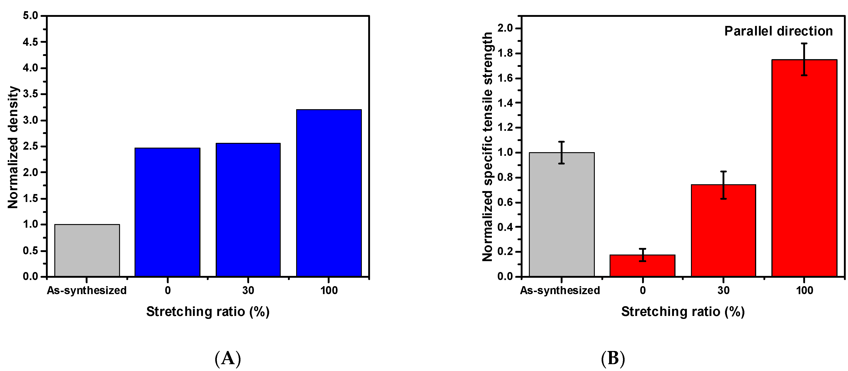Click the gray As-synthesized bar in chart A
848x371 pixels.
pos(87,250)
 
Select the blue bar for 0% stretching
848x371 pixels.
pos(167,212)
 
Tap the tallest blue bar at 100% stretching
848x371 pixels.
pos(328,193)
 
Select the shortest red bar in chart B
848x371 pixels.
pos(642,265)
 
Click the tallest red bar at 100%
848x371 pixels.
pos(804,168)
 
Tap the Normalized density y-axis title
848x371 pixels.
pos(13,147)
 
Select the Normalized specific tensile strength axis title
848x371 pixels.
pos(488,147)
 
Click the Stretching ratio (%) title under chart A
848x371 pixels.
pos(208,311)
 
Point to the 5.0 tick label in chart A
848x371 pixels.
pos(30,16)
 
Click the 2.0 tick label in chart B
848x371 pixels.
pos(505,28)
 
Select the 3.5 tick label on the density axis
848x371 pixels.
pos(30,94)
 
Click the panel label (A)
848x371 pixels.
pos(228,358)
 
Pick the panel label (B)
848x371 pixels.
pos(613,358)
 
